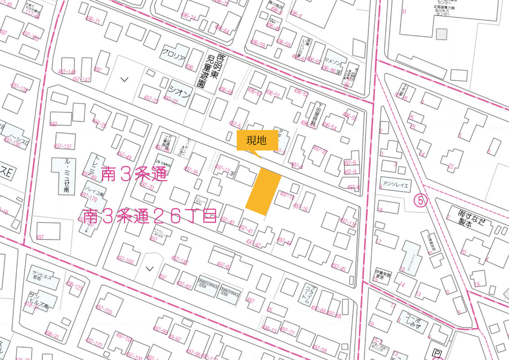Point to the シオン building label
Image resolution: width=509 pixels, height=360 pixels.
pyautogui.click(x=179, y=90)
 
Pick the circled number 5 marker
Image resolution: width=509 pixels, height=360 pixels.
pyautogui.click(x=421, y=201)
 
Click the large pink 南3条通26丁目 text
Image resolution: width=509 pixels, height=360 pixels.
pyautogui.click(x=150, y=217)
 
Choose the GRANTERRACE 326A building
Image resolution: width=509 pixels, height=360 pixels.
pyautogui.click(x=207, y=285)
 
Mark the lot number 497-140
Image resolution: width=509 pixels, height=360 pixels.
pyautogui.click(x=67, y=72)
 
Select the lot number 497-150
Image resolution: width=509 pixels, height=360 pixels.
pyautogui.click(x=104, y=311)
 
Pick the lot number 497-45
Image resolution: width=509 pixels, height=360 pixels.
pyautogui.click(x=338, y=269)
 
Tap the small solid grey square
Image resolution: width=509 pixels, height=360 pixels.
pyautogui.click(x=442, y=34)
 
